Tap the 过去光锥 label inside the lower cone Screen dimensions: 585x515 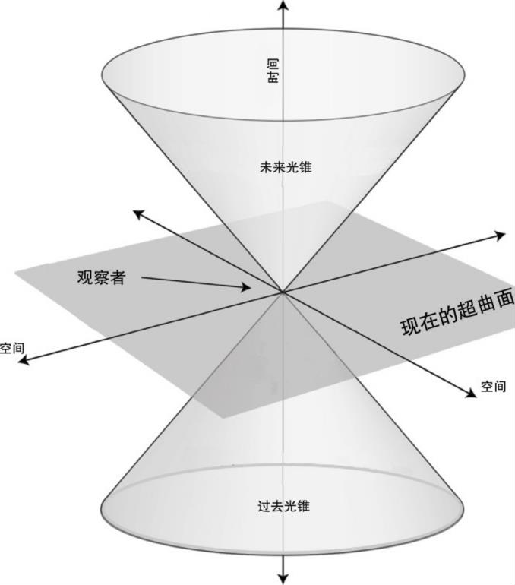[284, 506]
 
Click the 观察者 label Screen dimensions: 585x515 [101, 277]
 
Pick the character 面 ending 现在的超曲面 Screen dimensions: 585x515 [504, 298]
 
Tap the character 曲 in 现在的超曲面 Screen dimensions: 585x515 [486, 303]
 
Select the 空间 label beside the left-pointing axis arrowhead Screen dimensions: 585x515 [11, 349]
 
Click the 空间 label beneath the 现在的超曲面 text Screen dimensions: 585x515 [493, 387]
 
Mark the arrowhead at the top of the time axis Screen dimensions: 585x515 [283, 5]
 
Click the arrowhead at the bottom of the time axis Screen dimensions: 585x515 [283, 578]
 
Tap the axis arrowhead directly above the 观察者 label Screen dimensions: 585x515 [137, 214]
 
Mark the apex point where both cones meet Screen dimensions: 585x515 [283, 292]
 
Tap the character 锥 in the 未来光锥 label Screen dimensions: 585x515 [305, 167]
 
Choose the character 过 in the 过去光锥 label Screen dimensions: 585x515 [264, 506]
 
